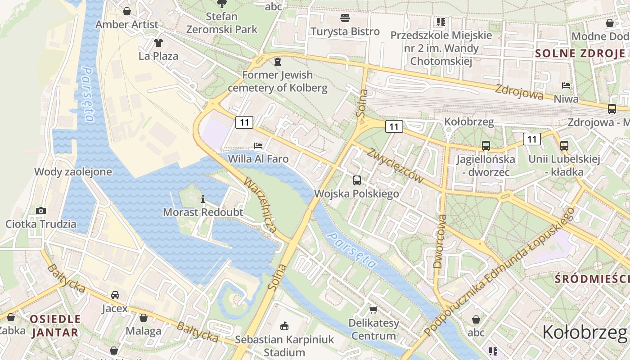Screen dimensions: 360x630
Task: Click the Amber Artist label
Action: coord(127,24)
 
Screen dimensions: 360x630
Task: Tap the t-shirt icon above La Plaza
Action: coord(158,43)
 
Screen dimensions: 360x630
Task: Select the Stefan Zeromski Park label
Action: coord(222,23)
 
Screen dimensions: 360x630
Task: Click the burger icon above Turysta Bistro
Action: coord(345,18)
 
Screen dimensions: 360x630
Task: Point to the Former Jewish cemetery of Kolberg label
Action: coord(277,81)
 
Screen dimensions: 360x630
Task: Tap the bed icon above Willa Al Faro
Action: coord(258,145)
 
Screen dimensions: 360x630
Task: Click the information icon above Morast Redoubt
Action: coord(203,198)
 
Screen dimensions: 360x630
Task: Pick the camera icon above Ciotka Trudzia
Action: coord(40,211)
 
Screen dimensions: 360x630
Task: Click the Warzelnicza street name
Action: coord(260,205)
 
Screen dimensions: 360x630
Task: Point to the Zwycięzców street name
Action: coord(395,165)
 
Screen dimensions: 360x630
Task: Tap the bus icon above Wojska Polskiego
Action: coord(357,180)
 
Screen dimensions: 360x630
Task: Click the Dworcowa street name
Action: coord(440,241)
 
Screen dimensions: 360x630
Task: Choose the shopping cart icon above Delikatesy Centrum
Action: coord(373,310)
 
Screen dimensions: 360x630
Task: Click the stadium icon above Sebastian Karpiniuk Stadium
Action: coord(284,326)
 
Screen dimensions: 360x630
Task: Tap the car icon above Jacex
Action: coord(115,295)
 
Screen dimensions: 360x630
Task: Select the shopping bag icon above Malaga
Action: coord(144,318)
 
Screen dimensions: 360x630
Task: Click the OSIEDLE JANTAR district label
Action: coord(55,326)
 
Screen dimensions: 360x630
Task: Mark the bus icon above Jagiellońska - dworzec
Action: coord(486,145)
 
